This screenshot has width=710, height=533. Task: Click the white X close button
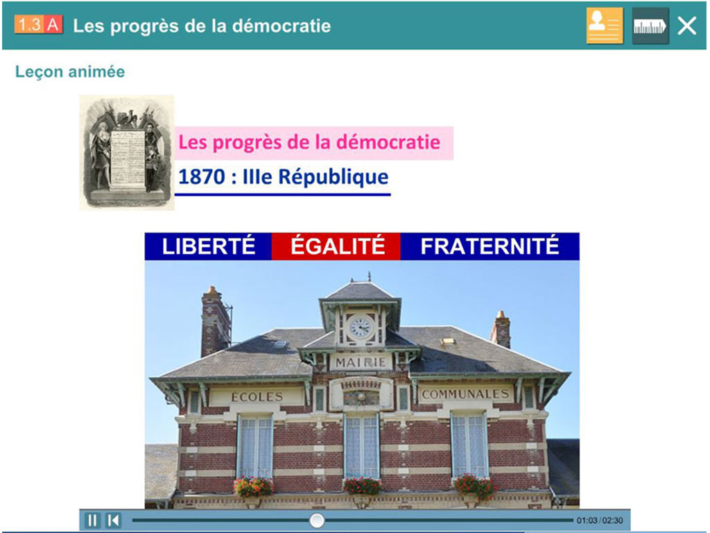[x=686, y=26]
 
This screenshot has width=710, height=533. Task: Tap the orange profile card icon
[x=605, y=26]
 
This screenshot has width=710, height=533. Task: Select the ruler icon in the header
[x=650, y=26]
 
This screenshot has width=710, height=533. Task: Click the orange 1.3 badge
[x=29, y=26]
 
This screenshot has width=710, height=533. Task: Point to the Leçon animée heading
[x=70, y=71]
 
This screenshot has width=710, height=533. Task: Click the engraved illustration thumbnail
[x=126, y=151]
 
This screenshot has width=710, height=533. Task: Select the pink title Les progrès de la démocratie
[x=309, y=143]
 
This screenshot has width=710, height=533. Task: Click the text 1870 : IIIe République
[x=283, y=177]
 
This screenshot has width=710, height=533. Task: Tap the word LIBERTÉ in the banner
[x=209, y=246]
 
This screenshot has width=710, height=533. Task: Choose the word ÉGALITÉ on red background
[x=337, y=246]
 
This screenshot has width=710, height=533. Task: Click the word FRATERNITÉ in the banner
[x=490, y=246]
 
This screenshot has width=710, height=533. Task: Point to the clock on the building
[x=360, y=327]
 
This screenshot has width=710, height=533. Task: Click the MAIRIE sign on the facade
[x=361, y=362]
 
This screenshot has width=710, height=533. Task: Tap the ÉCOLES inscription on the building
[x=257, y=397]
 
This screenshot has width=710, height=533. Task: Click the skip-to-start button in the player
[x=113, y=520]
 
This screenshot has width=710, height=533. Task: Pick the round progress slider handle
[x=317, y=520]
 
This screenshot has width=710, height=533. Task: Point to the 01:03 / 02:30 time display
[x=599, y=520]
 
